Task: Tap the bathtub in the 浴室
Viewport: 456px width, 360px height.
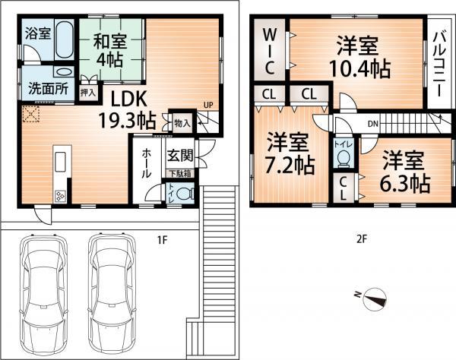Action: [64, 39]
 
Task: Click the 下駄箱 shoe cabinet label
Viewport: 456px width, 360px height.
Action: [180, 174]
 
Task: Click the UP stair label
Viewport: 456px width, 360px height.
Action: [207, 105]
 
